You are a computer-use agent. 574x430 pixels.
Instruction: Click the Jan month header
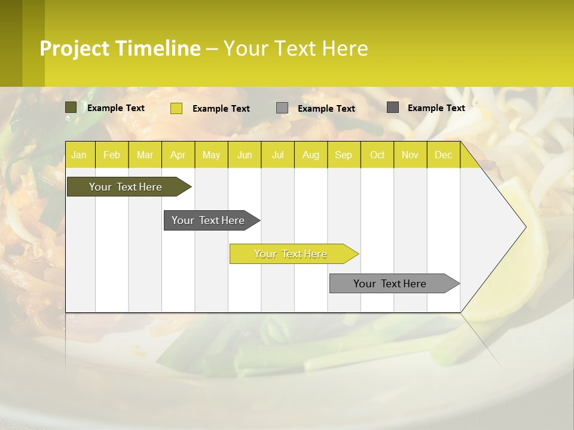(79, 155)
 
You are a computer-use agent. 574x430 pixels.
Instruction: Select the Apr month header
(178, 155)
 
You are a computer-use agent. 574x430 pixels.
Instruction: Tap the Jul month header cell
(277, 155)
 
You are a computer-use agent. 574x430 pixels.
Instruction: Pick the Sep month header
(343, 155)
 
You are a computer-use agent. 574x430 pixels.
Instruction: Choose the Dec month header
(443, 155)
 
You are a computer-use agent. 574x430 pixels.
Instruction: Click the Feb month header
(112, 155)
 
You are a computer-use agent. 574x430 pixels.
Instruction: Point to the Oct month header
(377, 155)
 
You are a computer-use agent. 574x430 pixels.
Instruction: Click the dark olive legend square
(71, 107)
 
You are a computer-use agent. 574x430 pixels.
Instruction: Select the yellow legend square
(176, 108)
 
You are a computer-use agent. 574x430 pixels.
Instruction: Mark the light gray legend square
(282, 108)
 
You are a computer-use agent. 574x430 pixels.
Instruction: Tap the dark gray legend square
(393, 107)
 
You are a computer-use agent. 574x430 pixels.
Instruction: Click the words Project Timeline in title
(120, 48)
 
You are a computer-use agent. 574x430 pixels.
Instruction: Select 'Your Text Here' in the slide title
(295, 48)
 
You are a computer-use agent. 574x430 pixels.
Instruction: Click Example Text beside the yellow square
(221, 109)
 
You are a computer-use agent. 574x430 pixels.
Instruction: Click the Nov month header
(410, 155)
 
